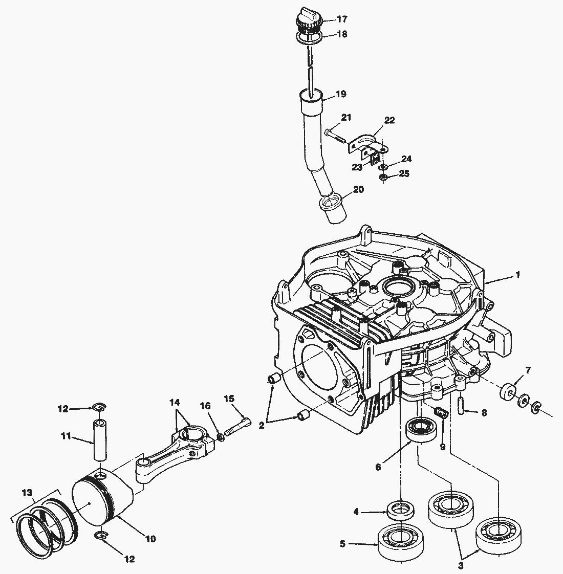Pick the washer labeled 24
tap(383, 167)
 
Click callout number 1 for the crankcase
tap(518, 275)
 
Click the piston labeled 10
tap(102, 499)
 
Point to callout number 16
tap(205, 406)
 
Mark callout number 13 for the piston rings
tap(26, 492)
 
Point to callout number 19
tap(341, 94)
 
